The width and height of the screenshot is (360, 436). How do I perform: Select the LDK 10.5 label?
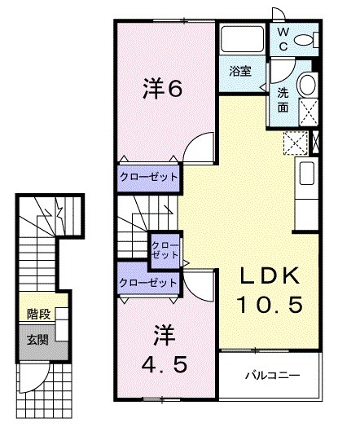[x=270, y=290]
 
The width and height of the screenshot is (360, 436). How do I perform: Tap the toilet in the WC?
[x=305, y=39]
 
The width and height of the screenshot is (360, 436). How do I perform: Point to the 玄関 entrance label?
[x=37, y=338]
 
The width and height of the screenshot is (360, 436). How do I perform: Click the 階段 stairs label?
[x=37, y=312]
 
